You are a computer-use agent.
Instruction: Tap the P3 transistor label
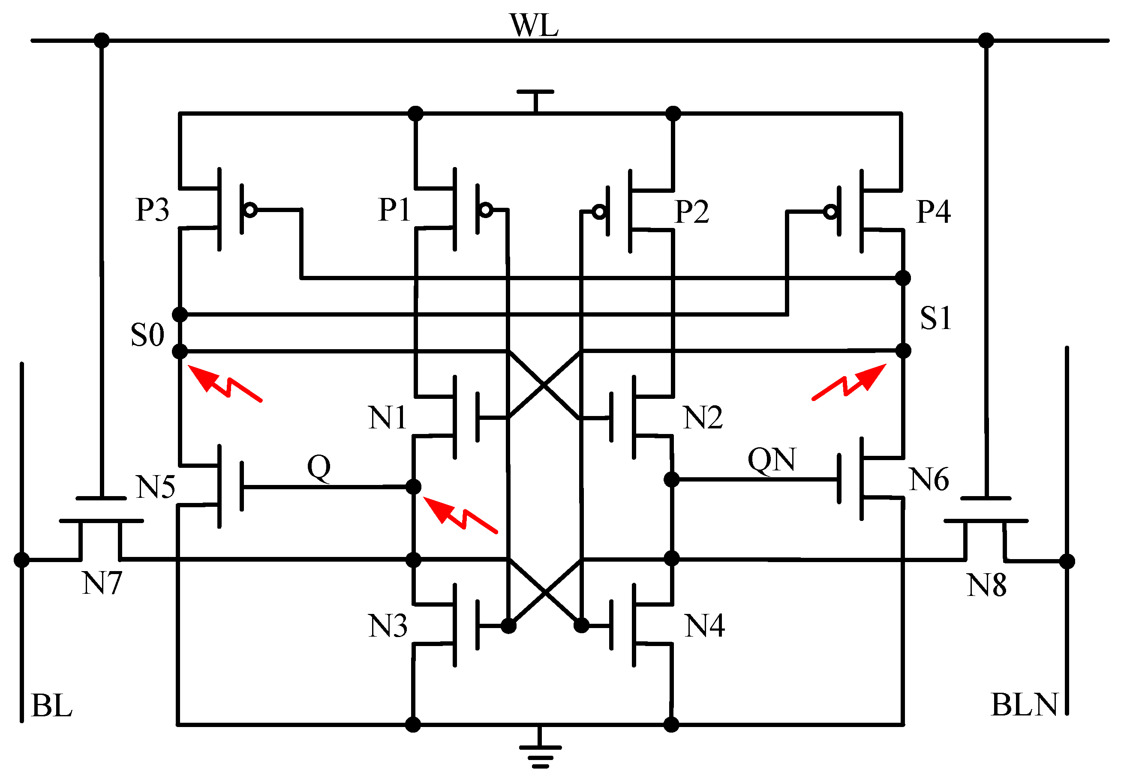click(x=152, y=210)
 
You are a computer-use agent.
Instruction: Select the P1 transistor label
click(x=394, y=210)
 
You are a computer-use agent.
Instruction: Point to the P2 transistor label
click(x=691, y=212)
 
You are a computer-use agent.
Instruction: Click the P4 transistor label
click(x=933, y=212)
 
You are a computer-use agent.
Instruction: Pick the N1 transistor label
click(x=387, y=418)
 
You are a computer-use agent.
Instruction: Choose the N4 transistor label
click(x=704, y=626)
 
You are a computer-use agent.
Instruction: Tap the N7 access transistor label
click(x=102, y=583)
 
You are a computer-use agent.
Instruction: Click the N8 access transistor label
click(x=986, y=585)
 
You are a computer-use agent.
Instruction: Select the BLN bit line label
click(x=1024, y=705)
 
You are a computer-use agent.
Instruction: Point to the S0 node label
click(x=147, y=335)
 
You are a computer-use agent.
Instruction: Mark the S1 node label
click(x=935, y=318)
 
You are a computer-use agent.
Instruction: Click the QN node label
click(x=772, y=460)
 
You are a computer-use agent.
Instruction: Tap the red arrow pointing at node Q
click(x=458, y=515)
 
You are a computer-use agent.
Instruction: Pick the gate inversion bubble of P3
click(x=250, y=210)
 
